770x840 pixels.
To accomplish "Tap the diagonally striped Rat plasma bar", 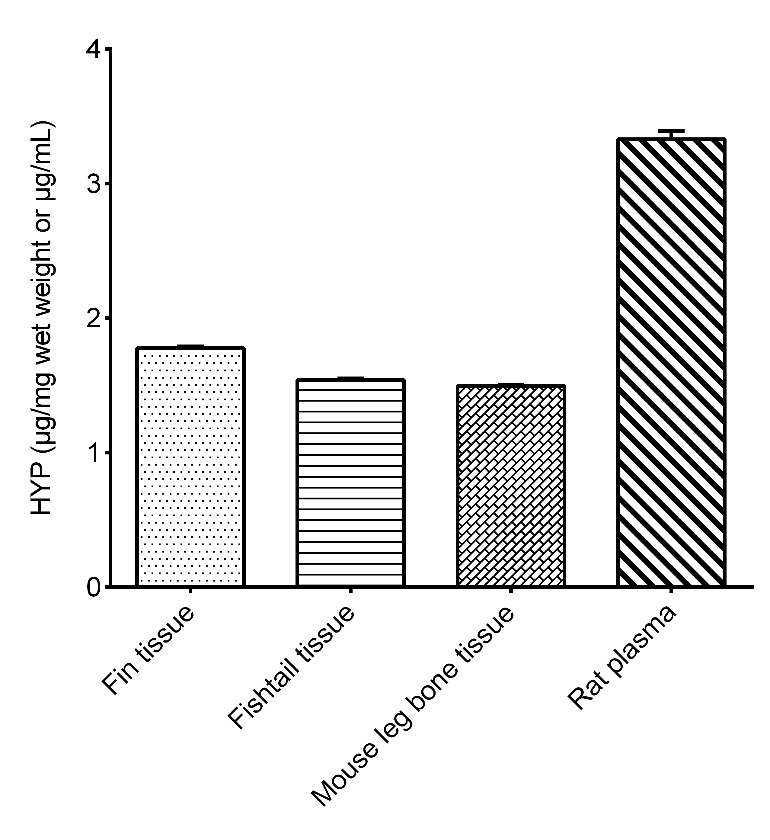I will coord(671,362).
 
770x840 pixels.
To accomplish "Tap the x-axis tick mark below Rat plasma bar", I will coord(671,590).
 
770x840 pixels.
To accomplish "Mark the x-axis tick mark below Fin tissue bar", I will coord(190,590).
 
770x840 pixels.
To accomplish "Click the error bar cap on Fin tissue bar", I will coord(190,346).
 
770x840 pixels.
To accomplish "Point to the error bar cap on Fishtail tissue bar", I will coord(350,378).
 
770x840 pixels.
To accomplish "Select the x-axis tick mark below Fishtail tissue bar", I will coord(350,590).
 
